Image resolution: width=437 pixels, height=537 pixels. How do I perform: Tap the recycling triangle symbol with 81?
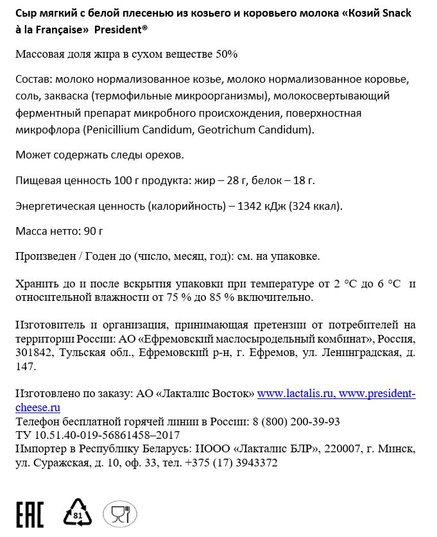point(78,512)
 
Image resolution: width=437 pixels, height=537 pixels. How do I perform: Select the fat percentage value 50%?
point(225,55)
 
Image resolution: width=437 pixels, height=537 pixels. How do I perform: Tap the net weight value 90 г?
point(92,230)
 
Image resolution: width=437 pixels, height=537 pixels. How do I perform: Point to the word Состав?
point(31,80)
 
